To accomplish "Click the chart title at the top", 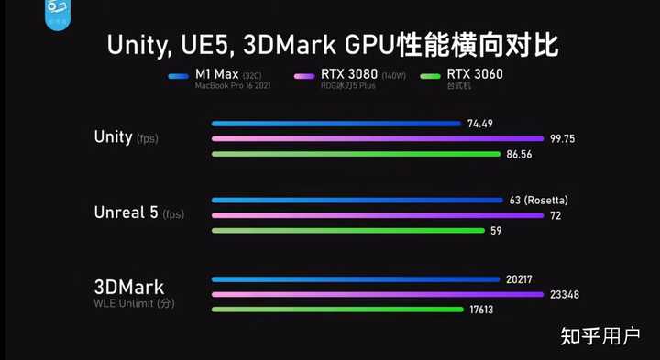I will click(331, 45).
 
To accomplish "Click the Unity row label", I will click(113, 137).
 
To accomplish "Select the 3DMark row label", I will click(128, 287).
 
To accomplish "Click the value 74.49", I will click(480, 124).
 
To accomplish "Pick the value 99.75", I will click(564, 139).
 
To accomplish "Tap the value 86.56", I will click(520, 155).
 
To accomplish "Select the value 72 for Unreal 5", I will click(555, 215).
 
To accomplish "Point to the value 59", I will click(495, 231).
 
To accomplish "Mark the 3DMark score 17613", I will click(481, 311).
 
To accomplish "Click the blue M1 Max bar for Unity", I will click(335, 124).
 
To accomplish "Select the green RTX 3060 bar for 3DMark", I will click(336, 310).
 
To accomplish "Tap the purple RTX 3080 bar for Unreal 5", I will click(377, 215).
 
